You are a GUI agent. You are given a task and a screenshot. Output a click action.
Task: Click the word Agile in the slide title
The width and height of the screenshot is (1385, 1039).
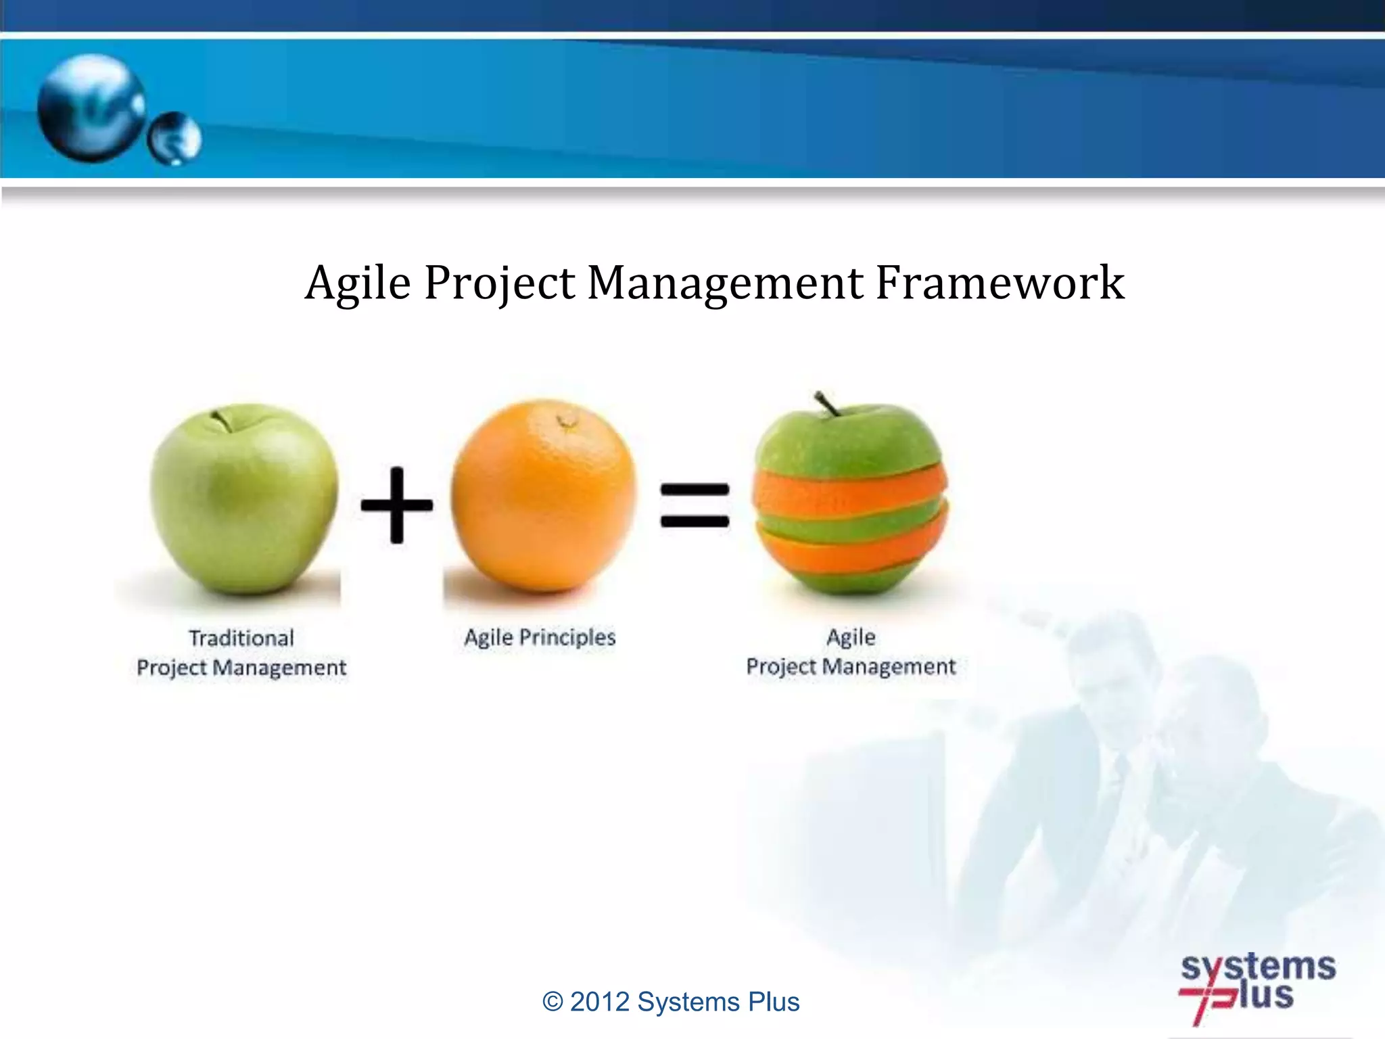[358, 283]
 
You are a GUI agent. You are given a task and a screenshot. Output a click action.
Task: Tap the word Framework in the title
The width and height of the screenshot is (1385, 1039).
[1000, 283]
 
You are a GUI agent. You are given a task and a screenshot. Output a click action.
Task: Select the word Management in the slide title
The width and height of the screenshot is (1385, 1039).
[725, 283]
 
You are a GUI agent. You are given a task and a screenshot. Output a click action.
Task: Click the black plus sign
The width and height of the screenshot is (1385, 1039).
[397, 505]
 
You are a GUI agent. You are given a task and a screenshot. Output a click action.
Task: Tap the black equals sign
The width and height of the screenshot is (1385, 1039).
[695, 505]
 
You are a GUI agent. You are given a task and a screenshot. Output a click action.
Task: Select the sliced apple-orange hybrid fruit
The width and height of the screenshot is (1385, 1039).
[851, 501]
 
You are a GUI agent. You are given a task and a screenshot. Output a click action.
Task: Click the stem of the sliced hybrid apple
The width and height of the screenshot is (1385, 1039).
[826, 403]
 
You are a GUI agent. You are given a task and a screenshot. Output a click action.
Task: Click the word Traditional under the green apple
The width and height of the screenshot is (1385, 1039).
[241, 638]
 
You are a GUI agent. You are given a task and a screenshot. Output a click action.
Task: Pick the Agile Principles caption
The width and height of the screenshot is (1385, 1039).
[540, 637]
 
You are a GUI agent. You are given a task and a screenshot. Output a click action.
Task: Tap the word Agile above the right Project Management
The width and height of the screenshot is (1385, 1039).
[851, 637]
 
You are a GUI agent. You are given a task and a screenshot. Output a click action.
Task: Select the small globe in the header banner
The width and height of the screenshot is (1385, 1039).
[174, 139]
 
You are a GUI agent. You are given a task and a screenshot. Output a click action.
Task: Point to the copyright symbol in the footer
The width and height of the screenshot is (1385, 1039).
[553, 1002]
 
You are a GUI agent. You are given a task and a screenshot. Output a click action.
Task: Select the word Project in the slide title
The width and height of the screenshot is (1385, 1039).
[499, 283]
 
